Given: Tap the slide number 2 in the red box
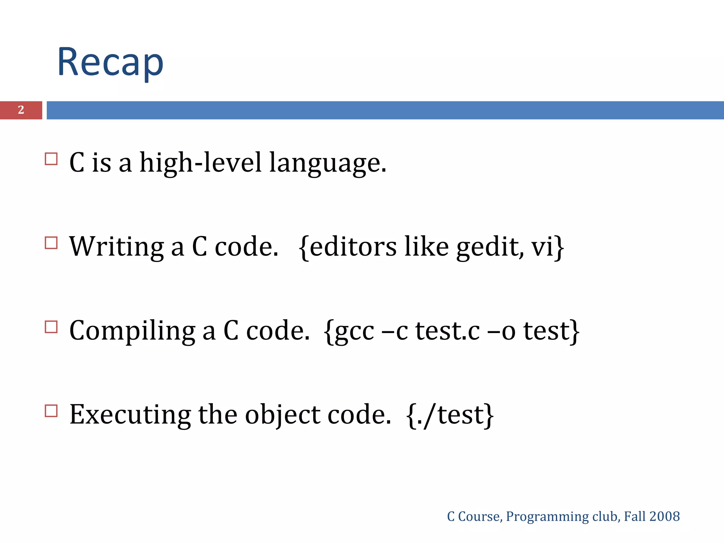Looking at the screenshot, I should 21,110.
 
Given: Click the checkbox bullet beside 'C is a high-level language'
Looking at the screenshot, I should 51,159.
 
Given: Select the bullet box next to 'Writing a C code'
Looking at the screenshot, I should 51,243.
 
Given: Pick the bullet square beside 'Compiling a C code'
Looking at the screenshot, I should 51,327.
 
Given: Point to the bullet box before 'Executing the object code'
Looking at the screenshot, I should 51,411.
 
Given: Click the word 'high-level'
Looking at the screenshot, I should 200,163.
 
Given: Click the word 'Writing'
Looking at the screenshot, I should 116,247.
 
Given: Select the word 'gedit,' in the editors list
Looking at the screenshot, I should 490,247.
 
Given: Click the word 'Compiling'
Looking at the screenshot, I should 132,331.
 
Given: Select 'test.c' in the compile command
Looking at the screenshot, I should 447,331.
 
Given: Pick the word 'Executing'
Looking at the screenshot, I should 130,415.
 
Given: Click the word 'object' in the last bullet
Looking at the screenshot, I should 282,415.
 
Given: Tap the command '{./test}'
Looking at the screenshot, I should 450,415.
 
